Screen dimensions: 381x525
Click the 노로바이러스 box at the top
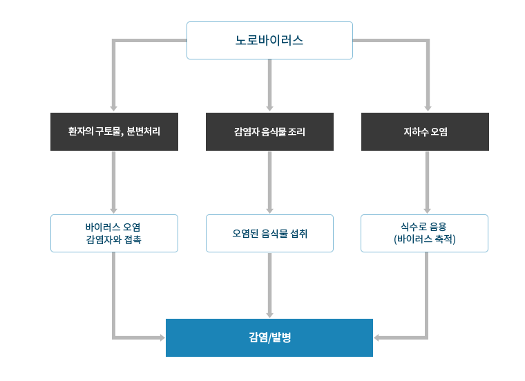click(269, 40)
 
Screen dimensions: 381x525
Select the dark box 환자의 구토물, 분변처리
click(114, 131)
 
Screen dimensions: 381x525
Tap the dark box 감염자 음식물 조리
click(269, 131)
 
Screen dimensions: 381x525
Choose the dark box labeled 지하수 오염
click(424, 131)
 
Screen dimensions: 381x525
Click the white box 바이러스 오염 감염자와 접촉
click(114, 234)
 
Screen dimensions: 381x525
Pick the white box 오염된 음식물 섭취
click(269, 234)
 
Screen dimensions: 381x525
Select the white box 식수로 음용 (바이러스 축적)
click(424, 234)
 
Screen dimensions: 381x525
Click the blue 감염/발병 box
click(269, 337)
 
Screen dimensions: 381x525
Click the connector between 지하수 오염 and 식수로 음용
click(428, 183)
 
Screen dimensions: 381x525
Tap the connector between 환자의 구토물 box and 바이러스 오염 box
click(114, 183)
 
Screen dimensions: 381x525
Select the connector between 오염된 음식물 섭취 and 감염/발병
click(269, 285)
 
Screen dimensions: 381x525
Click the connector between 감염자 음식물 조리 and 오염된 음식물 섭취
click(269, 183)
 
